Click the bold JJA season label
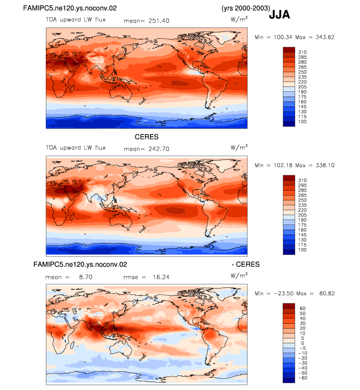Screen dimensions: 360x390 tap(279, 15)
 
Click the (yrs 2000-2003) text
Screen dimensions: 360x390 tap(246, 8)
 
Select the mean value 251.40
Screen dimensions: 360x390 tap(159, 21)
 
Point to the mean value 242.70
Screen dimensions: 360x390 tap(159, 149)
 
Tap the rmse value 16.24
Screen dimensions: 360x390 tap(161, 277)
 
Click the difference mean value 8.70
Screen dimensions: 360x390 tap(86, 277)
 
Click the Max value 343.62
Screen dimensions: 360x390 tap(325, 37)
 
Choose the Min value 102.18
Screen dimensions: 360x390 tap(283, 165)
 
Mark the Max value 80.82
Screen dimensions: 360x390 tap(327, 294)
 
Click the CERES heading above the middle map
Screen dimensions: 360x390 tap(146, 137)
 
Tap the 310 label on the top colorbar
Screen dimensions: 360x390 tap(303, 52)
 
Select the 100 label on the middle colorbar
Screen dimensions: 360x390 tap(303, 250)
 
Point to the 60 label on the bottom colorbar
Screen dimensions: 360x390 tap(303, 308)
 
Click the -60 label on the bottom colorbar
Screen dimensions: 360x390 tap(303, 378)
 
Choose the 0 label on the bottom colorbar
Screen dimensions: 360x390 tap(303, 343)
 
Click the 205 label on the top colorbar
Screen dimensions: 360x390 tap(303, 87)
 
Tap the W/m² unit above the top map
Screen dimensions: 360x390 tap(239, 19)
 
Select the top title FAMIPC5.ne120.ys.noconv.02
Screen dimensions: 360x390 tap(70, 8)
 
